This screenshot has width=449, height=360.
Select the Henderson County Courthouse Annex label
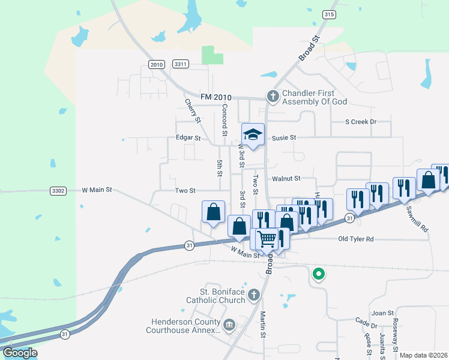point(184,326)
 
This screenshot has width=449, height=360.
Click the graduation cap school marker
point(253,135)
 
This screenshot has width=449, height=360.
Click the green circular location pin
point(319,275)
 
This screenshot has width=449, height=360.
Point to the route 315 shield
point(328,14)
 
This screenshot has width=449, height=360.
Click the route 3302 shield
point(58,190)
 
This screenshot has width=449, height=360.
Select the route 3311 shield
point(180,64)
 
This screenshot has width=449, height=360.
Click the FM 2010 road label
point(215,97)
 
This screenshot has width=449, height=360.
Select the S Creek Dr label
point(360,122)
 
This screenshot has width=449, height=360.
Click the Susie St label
point(284,137)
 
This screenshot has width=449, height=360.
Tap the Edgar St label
point(188,137)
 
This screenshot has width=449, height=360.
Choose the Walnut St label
point(286,178)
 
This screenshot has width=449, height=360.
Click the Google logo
point(20,353)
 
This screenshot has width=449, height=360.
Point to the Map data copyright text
point(423,355)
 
